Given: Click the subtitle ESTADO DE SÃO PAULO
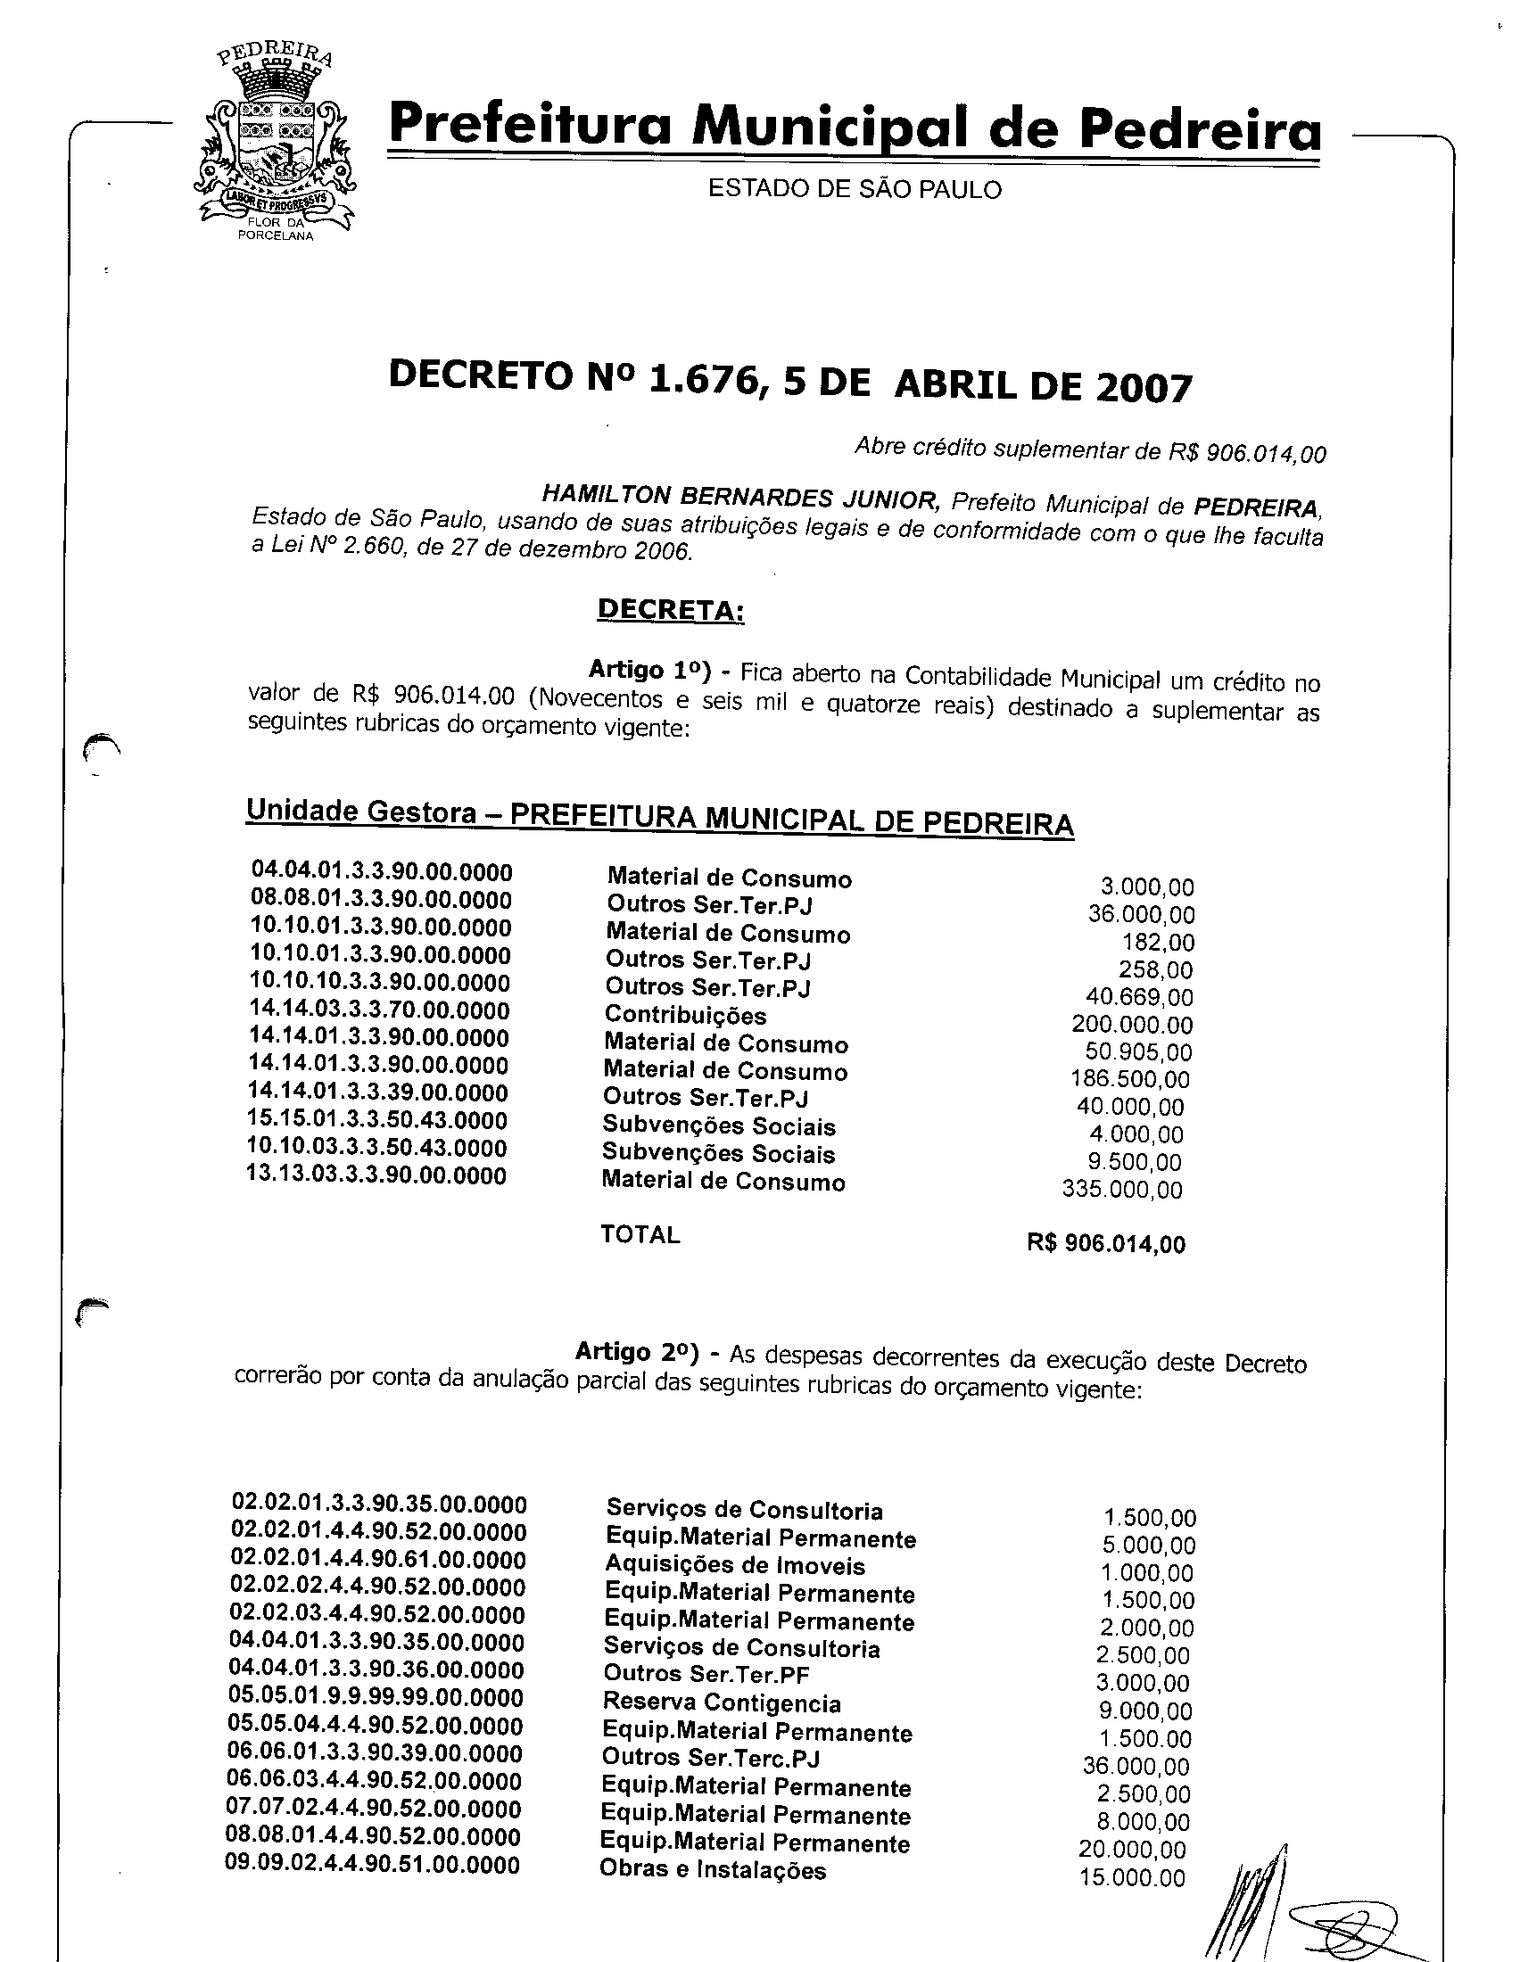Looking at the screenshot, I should [855, 190].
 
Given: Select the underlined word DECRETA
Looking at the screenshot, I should [670, 610].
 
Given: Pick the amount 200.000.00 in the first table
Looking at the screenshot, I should [1132, 1025].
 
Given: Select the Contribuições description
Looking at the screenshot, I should [685, 1016].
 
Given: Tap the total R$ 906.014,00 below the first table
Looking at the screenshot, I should [1106, 1244].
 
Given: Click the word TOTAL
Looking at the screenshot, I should [640, 1235].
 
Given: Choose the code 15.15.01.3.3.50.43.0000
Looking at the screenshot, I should [377, 1121].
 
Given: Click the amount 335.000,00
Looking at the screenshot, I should [1122, 1191].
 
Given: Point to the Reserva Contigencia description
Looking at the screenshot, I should [722, 1703].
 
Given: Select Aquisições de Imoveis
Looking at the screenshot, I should [735, 1566].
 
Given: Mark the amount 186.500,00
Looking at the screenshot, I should [1130, 1080].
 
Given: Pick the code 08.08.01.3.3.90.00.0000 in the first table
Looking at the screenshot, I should [381, 900].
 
